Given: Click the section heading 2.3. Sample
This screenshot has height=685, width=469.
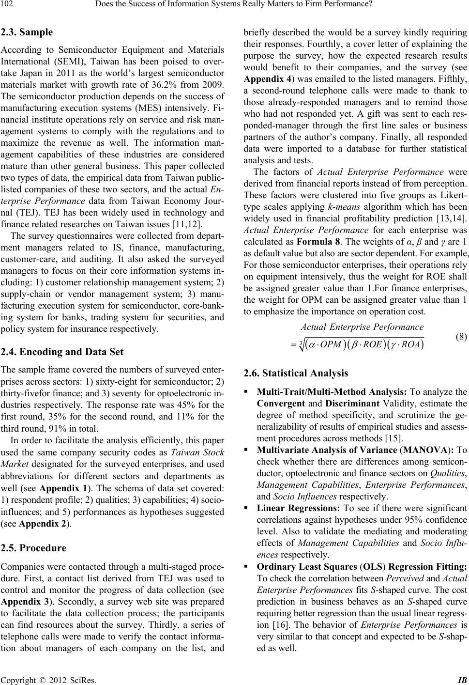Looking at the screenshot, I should (x=28, y=33).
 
